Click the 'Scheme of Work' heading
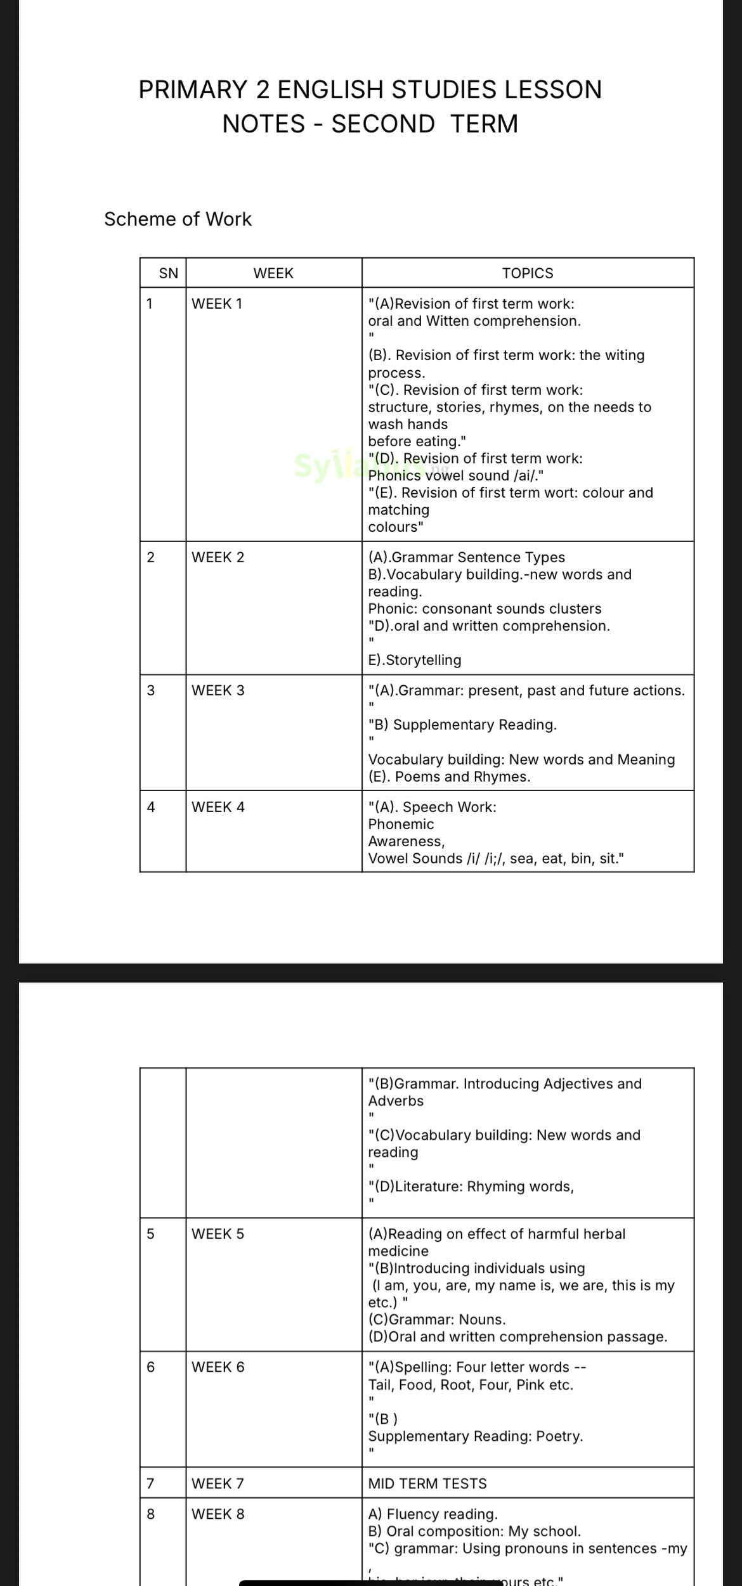click(x=178, y=219)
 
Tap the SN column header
click(x=168, y=273)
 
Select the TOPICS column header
click(x=528, y=273)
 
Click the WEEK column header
click(x=273, y=273)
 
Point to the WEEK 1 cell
click(x=217, y=304)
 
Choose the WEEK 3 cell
click(x=218, y=690)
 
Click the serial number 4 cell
click(x=151, y=807)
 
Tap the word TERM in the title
click(x=485, y=124)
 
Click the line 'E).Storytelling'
click(x=415, y=660)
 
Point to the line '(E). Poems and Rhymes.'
click(x=449, y=777)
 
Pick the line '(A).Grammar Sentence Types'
click(x=466, y=557)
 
